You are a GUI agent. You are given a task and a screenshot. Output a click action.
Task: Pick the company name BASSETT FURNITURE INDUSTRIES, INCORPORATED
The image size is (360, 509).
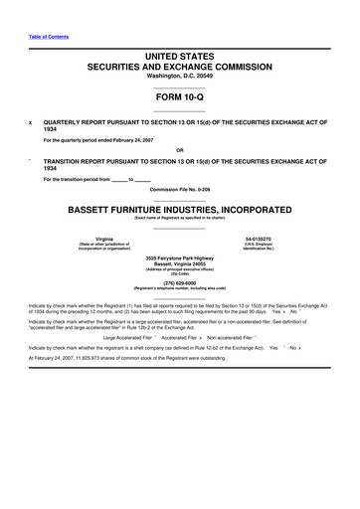click(179, 210)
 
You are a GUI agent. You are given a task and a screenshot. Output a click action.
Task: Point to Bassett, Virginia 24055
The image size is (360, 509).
click(179, 264)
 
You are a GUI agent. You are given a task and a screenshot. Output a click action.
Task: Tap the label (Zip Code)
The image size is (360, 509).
click(179, 276)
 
